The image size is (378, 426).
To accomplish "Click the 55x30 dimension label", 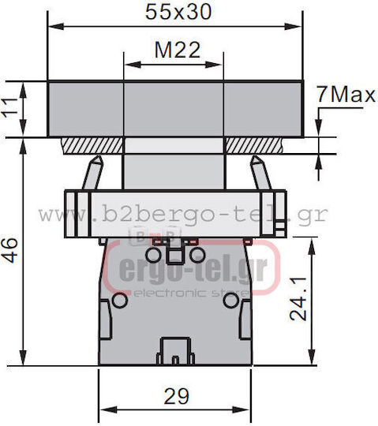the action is (178, 12).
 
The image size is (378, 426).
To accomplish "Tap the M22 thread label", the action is (178, 50).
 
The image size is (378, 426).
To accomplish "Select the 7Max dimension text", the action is (346, 95).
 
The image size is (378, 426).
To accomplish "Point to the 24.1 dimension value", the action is (298, 299).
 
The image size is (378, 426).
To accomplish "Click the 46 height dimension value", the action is (10, 250).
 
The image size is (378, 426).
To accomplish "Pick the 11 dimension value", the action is (10, 108).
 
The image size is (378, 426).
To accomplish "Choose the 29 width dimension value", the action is (176, 396).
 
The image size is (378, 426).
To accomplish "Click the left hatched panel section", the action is (92, 146).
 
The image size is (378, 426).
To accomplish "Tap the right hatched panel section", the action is (254, 145).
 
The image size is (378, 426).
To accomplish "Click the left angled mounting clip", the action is (93, 172).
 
